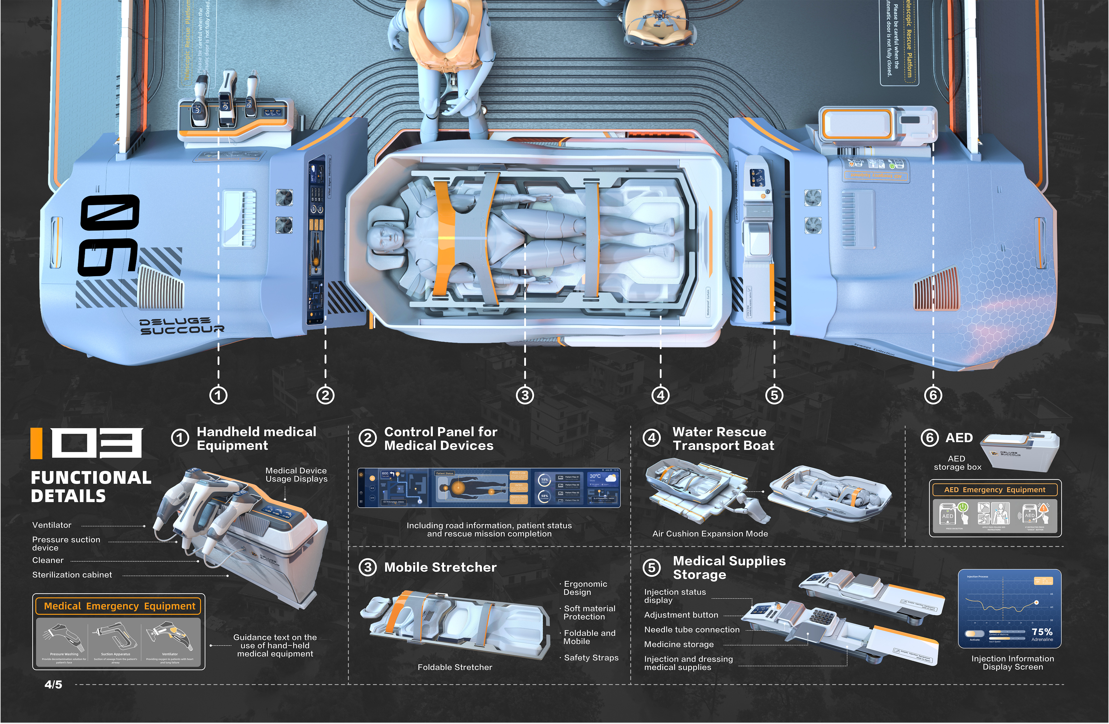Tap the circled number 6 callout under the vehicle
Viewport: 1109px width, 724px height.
click(933, 395)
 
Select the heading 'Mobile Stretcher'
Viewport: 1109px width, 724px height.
click(440, 567)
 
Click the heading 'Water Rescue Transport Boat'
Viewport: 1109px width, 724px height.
click(723, 439)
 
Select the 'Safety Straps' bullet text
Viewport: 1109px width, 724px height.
click(591, 658)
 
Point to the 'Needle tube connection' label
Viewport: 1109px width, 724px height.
click(691, 630)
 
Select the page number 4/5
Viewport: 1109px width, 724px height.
click(53, 684)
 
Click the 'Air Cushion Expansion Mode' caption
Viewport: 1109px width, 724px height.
click(710, 534)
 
